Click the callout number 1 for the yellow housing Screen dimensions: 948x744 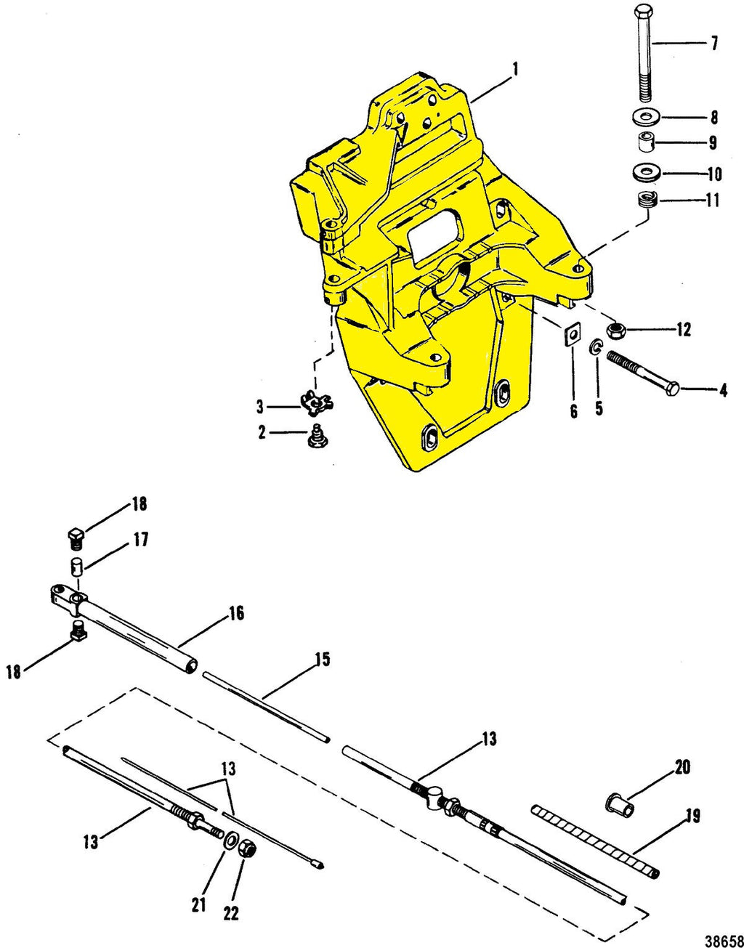[x=514, y=70]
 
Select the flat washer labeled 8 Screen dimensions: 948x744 [x=644, y=116]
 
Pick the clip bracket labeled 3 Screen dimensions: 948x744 [x=315, y=400]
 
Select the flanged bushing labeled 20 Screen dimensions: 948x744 [x=618, y=803]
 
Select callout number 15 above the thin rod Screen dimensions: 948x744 [x=322, y=660]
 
